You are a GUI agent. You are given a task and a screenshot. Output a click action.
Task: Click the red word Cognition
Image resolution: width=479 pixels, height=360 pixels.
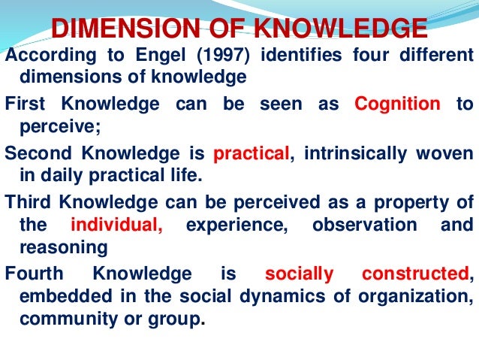pos(397,104)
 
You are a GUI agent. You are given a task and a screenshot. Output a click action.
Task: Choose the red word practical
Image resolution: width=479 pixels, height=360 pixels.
pos(252,154)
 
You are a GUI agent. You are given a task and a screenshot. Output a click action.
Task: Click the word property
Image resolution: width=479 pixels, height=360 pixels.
pos(414,201)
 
